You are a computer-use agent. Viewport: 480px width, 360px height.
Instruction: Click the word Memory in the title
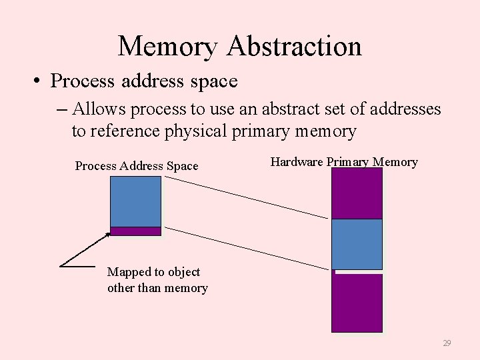[168, 46]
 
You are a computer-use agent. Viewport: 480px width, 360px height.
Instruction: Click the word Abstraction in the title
[294, 46]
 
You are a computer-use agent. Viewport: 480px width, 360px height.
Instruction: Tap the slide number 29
[447, 343]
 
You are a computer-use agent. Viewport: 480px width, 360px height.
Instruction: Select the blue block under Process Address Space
[135, 201]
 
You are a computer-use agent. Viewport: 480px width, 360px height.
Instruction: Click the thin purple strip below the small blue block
[135, 231]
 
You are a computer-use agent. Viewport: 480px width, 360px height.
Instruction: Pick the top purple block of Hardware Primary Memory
[357, 193]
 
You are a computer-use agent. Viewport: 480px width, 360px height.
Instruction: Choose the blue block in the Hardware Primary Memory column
[357, 244]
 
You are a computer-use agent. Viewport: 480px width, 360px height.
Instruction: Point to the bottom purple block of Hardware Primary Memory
[357, 303]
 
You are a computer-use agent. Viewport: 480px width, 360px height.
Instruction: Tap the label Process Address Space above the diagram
[137, 166]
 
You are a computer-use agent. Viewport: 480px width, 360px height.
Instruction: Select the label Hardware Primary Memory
[343, 161]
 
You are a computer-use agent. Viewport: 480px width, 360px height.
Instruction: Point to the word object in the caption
[183, 272]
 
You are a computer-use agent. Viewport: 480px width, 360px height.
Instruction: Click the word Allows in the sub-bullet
[97, 108]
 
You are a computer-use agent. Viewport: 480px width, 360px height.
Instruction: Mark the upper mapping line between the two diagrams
[247, 197]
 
